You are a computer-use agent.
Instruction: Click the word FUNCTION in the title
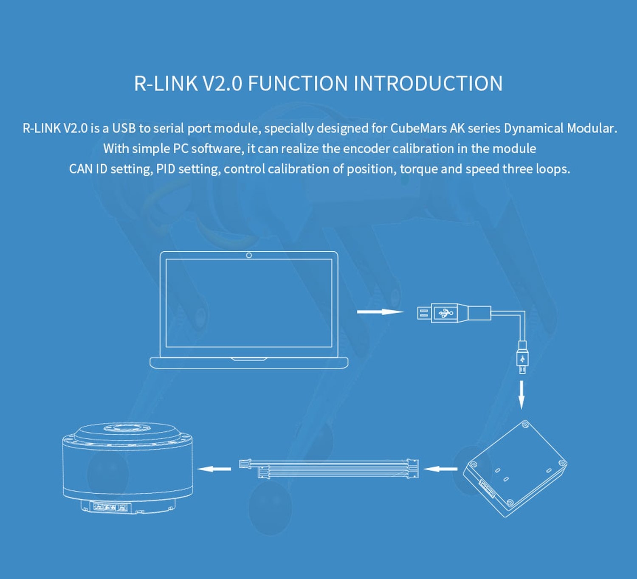point(298,84)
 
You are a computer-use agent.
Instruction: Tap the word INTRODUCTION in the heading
point(428,84)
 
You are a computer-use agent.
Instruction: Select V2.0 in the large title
point(222,84)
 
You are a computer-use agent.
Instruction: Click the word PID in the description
point(166,169)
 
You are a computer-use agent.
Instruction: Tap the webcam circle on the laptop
point(249,255)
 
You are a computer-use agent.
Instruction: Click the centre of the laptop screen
point(249,303)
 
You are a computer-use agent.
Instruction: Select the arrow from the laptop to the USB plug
point(380,312)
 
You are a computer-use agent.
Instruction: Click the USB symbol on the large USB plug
point(446,313)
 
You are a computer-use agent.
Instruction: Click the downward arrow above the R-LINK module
point(521,395)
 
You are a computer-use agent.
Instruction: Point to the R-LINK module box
point(515,468)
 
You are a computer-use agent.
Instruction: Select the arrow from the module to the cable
point(440,469)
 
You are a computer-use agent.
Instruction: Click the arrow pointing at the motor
point(214,469)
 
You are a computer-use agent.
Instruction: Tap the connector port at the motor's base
point(110,507)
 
